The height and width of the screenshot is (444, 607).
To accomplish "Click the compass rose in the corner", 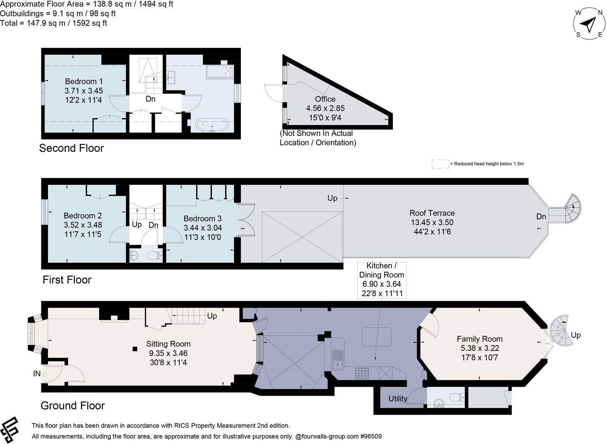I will tap(589, 24).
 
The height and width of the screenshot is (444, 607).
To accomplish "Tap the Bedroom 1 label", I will tap(84, 81).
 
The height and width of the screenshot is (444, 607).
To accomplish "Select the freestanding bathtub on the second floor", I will tap(212, 125).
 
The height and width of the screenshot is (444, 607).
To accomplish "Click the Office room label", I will tap(325, 99).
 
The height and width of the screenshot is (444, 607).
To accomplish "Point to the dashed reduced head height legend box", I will tap(440, 164).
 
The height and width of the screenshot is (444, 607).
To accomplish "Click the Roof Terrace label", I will tap(432, 213).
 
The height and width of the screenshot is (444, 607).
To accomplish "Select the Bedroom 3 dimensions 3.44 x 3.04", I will tap(202, 228).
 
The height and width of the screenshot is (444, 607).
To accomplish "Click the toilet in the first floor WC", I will tap(158, 256).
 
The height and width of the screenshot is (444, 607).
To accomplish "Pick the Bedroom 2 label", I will tap(82, 215).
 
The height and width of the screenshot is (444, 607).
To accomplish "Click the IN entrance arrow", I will tap(41, 374).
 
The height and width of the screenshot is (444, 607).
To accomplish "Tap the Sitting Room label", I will tap(168, 344).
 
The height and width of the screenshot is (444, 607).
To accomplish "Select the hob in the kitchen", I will tap(362, 373).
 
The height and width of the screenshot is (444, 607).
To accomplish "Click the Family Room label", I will tap(479, 339).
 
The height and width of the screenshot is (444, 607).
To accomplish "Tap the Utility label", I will tap(398, 399).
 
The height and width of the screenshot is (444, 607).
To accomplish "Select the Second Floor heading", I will tap(72, 148).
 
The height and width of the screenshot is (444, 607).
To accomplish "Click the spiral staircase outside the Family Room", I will tap(561, 332).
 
